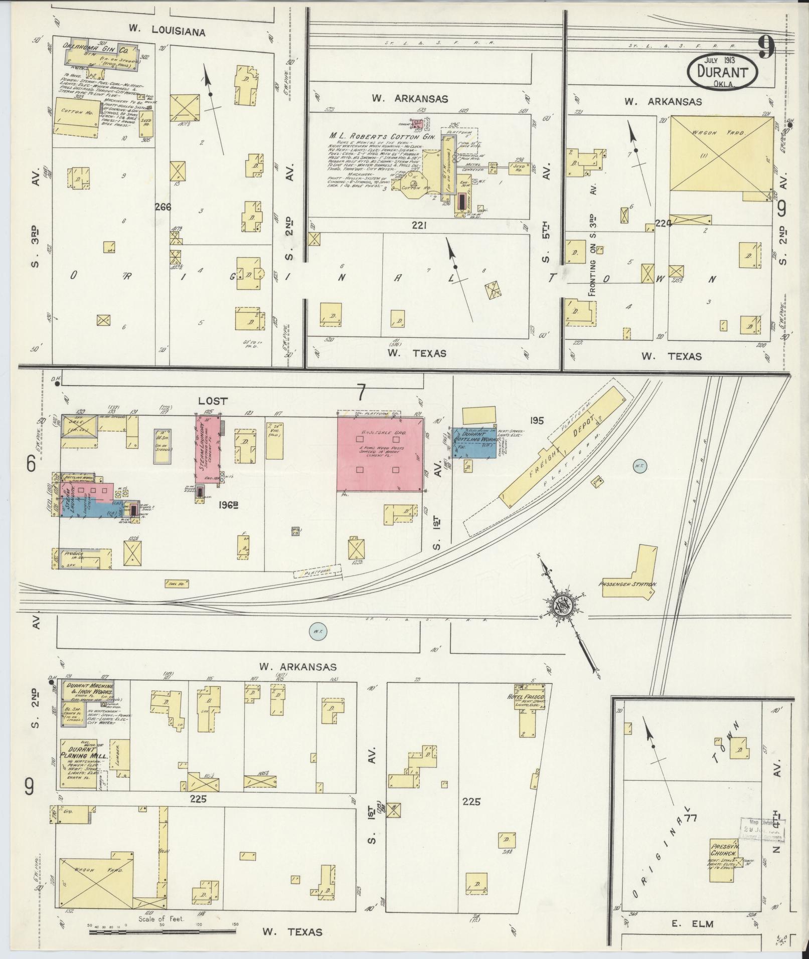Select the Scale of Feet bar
(x=162, y=932)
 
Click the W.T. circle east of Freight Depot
(x=639, y=466)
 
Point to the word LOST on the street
(x=213, y=401)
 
